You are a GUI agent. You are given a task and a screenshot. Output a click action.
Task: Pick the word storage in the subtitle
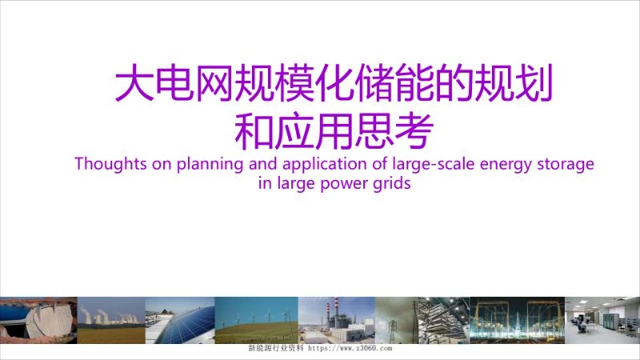click(x=566, y=165)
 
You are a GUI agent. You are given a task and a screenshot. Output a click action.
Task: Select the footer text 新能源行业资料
click(x=276, y=350)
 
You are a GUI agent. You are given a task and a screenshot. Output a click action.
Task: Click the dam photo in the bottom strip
click(x=38, y=321)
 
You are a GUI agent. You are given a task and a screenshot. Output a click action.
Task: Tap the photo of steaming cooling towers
click(x=110, y=321)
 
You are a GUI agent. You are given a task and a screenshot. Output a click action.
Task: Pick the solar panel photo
click(x=179, y=321)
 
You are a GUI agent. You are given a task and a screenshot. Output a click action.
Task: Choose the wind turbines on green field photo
click(x=256, y=321)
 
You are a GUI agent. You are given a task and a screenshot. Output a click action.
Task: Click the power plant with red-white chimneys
click(x=336, y=321)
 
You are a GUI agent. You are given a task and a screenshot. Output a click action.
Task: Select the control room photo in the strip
click(x=602, y=321)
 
